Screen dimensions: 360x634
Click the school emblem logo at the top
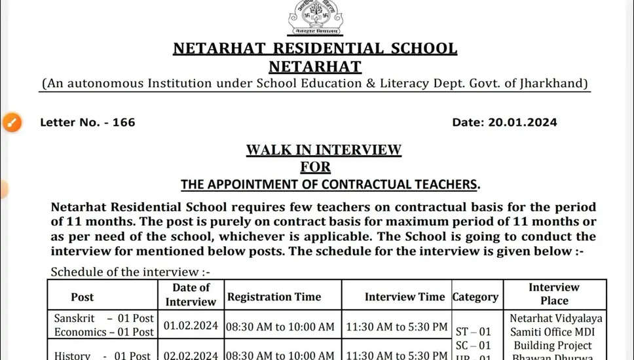316,18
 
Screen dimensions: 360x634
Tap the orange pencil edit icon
12,122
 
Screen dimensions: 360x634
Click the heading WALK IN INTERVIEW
324,150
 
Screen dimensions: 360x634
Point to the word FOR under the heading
316,167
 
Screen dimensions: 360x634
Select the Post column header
83,297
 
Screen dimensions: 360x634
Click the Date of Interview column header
191,295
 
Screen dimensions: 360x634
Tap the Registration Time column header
274,297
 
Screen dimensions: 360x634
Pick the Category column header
475,297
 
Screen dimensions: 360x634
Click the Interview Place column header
554,294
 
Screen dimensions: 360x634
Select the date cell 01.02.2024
191,326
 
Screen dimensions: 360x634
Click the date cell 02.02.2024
191,355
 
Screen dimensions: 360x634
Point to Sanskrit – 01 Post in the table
103,319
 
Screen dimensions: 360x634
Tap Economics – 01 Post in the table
103,332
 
